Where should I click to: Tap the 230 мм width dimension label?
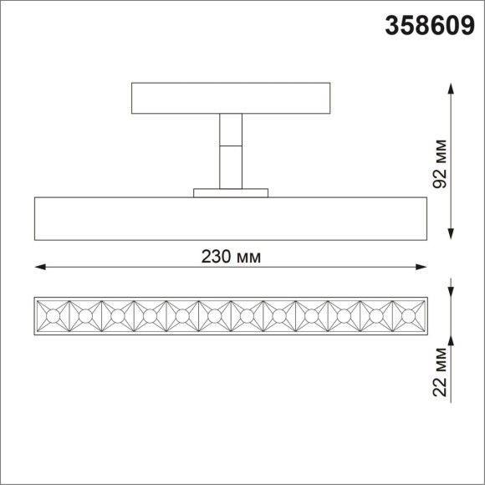231,257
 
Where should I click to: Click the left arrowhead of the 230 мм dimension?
39,268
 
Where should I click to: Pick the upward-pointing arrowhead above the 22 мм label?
452,337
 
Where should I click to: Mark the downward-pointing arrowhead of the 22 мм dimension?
452,290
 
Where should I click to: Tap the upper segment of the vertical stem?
231,130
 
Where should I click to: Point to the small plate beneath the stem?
231,193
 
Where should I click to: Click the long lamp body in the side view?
231,218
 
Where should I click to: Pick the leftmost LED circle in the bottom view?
52,316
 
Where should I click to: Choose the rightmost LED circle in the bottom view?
409,316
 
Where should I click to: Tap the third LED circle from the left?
117,316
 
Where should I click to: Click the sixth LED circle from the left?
214,316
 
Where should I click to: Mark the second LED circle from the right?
376,316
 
